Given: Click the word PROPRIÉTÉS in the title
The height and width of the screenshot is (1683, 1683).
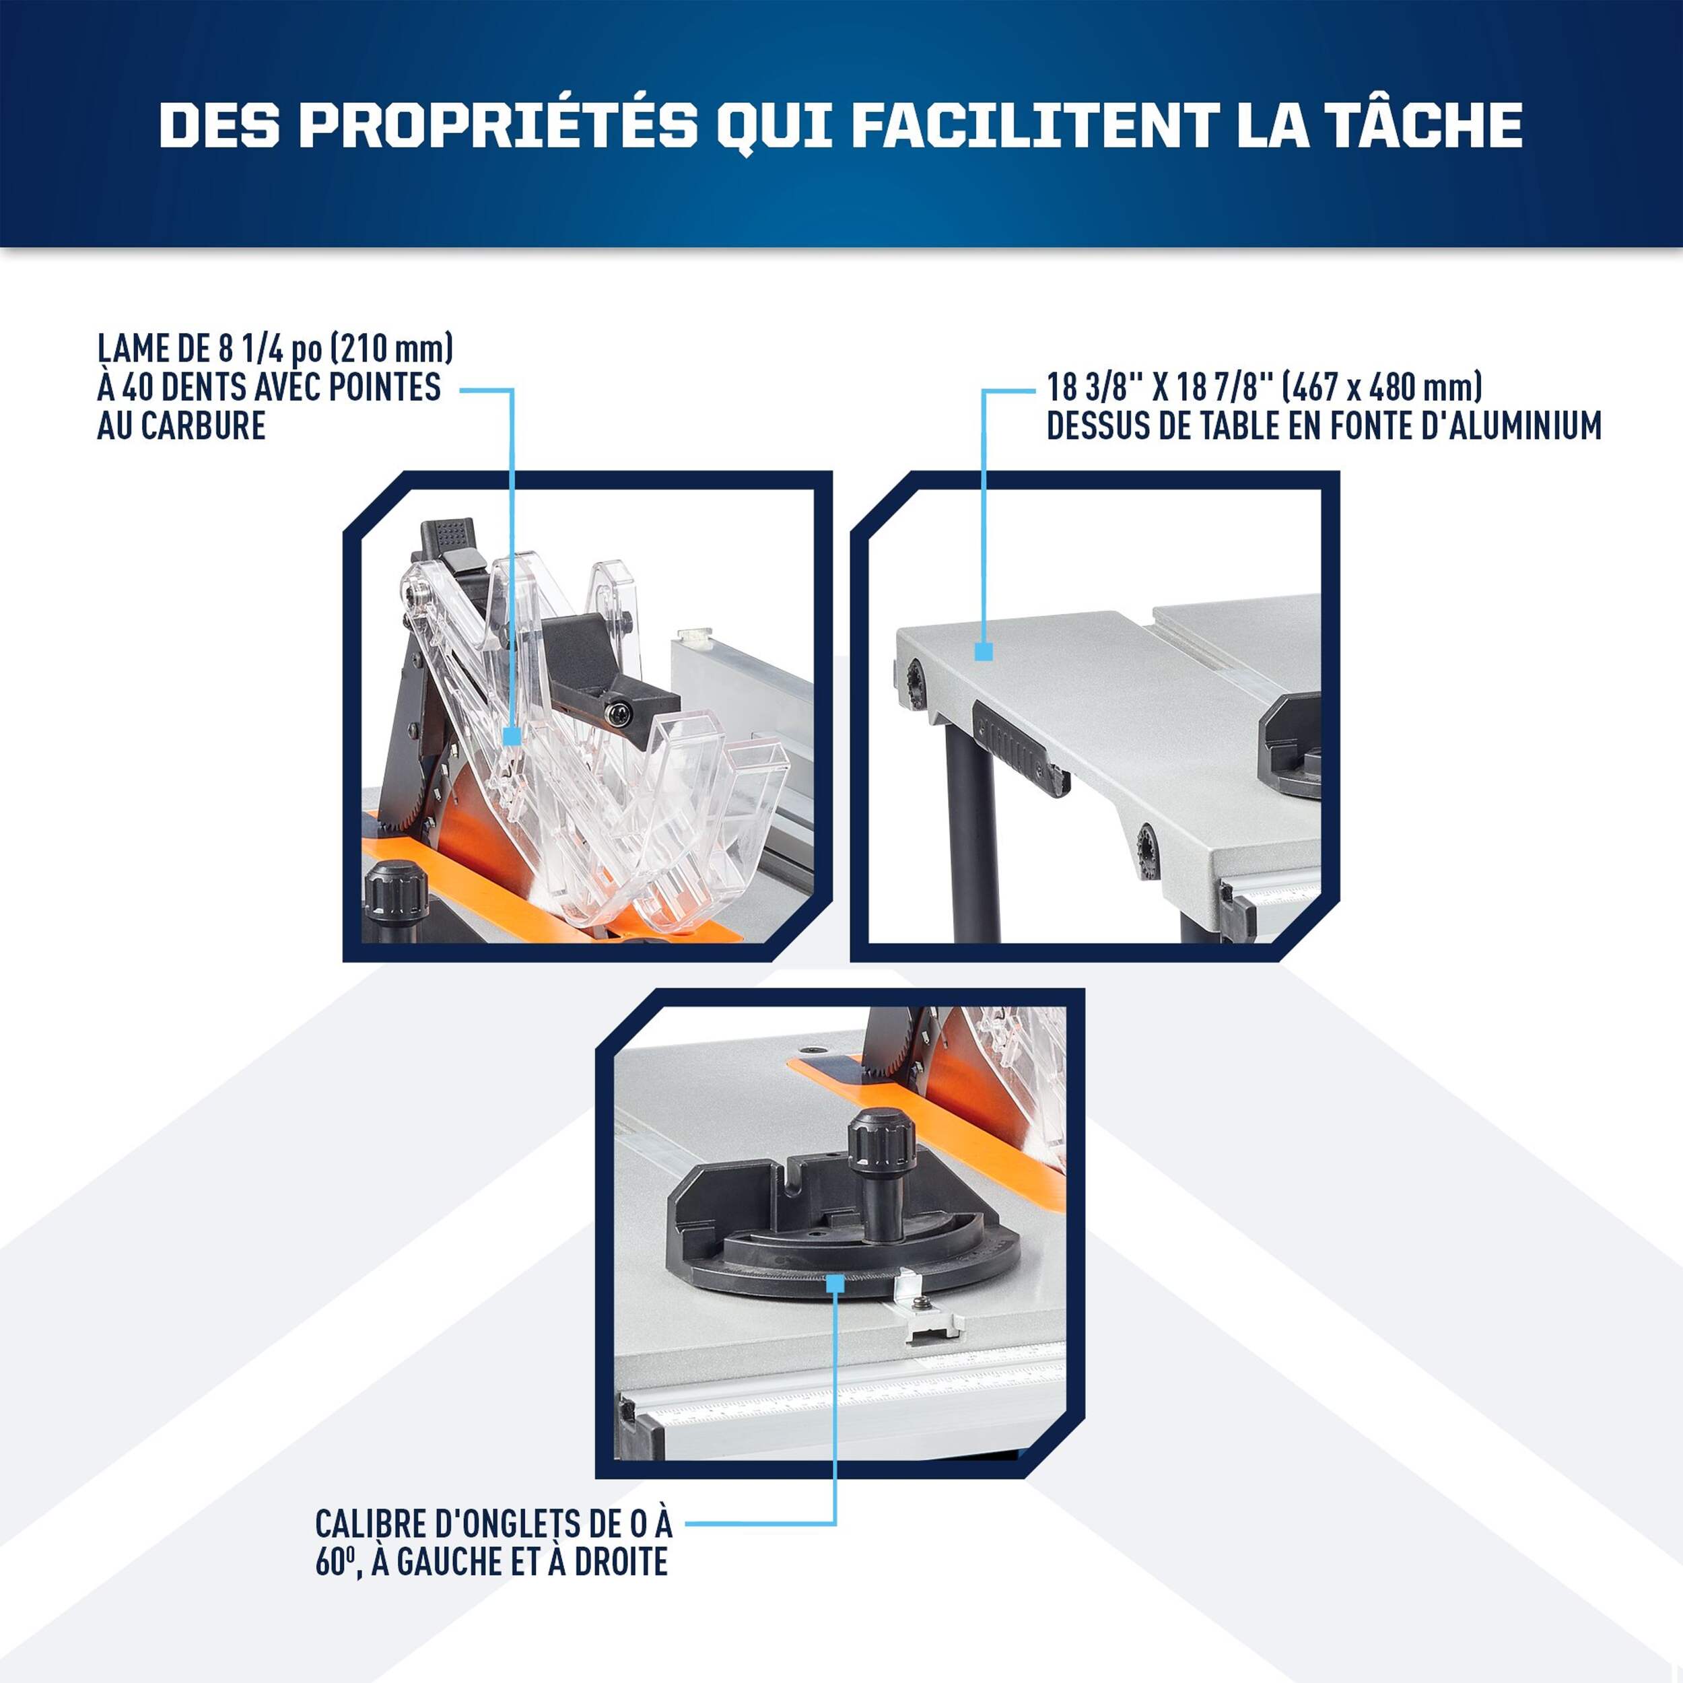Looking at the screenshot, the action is point(499,125).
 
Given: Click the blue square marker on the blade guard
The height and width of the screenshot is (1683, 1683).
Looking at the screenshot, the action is point(512,736).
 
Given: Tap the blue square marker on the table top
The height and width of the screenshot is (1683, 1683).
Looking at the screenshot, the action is point(984,652).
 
